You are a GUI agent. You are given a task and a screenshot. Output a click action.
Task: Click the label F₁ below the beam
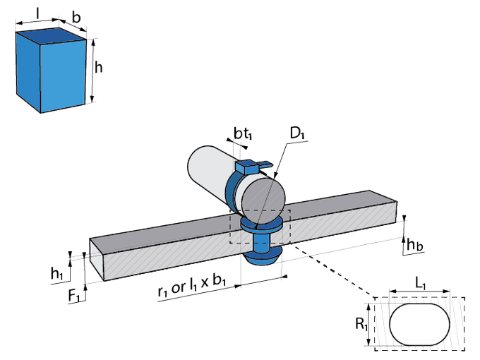[73, 296]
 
